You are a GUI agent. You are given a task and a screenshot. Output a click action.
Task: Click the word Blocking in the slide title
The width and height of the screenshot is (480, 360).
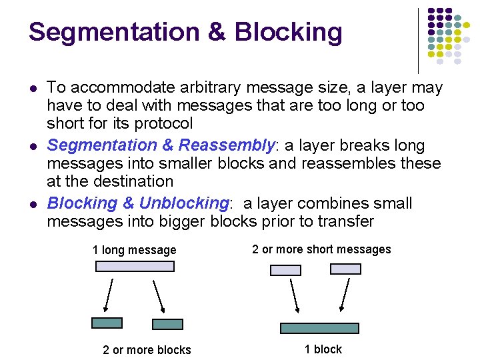tap(289, 32)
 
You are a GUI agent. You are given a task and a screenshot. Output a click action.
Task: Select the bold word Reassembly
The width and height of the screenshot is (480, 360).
tap(227, 145)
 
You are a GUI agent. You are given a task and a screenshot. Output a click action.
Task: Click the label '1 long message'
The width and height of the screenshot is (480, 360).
tap(134, 250)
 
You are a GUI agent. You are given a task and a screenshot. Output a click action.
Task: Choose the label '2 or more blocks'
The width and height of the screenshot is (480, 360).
tap(147, 350)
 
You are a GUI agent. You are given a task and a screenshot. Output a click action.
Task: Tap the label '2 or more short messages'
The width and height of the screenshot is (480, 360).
tap(321, 249)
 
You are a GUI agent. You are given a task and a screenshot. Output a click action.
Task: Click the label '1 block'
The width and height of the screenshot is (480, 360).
tap(323, 349)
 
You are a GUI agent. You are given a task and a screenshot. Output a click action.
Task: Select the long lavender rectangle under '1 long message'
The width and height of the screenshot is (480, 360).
tap(135, 266)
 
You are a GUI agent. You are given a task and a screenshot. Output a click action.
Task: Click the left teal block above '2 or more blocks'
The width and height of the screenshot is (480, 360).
tap(107, 323)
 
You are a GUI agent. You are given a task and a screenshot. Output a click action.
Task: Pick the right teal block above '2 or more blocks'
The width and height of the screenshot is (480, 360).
tap(167, 324)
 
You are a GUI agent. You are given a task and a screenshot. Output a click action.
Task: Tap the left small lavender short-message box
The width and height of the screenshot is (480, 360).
tap(285, 270)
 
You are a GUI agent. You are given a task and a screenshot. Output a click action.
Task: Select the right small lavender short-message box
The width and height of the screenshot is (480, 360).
tap(346, 269)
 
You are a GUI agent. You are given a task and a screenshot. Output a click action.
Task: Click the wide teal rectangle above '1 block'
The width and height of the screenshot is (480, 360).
tap(319, 328)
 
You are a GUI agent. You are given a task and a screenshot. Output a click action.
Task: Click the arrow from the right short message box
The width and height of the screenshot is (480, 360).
tap(344, 294)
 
